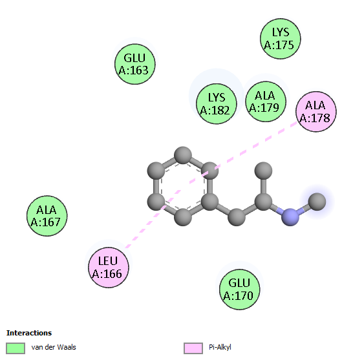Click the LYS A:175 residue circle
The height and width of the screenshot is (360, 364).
[x=280, y=39]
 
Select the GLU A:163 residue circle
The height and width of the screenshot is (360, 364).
[x=135, y=64]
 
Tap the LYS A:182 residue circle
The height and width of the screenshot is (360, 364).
[x=217, y=103]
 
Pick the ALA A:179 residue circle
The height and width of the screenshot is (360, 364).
[x=266, y=101]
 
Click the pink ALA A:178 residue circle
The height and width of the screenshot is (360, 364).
[x=316, y=111]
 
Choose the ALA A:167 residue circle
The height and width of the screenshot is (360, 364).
[x=47, y=216]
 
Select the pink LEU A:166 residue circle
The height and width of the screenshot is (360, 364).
[x=109, y=268]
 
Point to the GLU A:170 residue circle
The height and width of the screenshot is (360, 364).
[x=239, y=289]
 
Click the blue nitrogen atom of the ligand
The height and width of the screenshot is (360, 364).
[x=290, y=217]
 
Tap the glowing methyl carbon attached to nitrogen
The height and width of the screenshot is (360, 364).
[x=317, y=202]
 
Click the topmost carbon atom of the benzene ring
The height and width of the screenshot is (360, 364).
[x=183, y=155]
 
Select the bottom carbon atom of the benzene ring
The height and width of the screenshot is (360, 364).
[x=183, y=217]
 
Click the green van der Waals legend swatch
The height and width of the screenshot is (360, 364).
[x=16, y=348]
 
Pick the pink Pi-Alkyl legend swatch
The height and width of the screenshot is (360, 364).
[x=193, y=348]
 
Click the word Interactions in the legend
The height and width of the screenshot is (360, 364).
[x=29, y=333]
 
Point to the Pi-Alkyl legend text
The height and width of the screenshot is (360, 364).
[x=220, y=347]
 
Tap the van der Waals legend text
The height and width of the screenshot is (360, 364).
[x=54, y=347]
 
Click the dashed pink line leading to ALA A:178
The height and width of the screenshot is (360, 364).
[x=251, y=148]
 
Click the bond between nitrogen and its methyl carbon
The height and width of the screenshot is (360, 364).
[x=304, y=209]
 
